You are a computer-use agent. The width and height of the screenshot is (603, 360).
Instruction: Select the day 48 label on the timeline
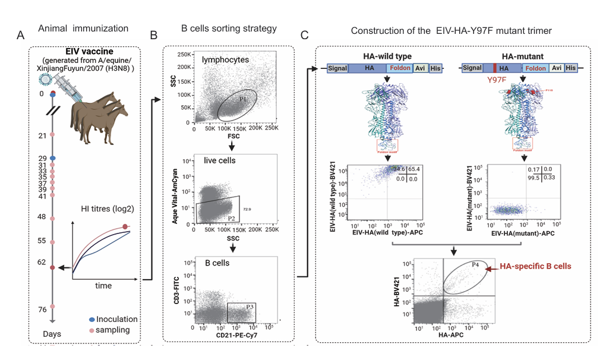42,217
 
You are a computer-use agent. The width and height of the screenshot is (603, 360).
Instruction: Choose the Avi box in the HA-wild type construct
420,68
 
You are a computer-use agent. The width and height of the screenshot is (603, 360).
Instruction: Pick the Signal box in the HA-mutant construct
473,68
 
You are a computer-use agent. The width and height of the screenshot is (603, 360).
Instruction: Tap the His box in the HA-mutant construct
570,68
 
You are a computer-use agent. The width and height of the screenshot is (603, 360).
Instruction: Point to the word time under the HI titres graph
103,286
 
